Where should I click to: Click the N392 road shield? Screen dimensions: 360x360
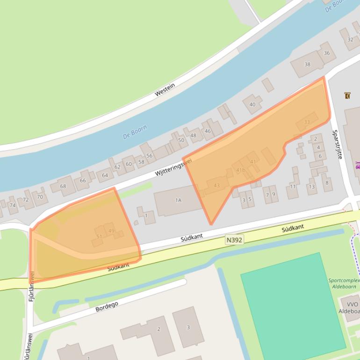point(234,239)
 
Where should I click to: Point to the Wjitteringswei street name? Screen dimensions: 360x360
point(173,167)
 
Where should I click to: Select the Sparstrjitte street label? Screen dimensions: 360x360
point(337,144)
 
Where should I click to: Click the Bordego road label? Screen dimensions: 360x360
point(107,307)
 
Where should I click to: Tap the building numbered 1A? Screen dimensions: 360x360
point(178,200)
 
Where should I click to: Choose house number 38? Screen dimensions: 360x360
point(307,65)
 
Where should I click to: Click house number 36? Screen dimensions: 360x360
point(326,53)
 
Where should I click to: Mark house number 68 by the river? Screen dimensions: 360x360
point(63,186)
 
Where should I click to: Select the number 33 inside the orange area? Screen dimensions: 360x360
point(307,122)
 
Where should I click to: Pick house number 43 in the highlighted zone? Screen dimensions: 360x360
point(216,186)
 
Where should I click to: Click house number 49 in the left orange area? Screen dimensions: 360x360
point(111,231)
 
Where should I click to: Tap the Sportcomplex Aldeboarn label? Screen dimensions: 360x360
point(344,283)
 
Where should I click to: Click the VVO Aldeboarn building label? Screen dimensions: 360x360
point(349,308)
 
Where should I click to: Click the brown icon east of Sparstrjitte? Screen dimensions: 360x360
point(347,95)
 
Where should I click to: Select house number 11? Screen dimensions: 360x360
point(293,187)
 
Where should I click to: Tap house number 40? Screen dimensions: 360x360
point(252,104)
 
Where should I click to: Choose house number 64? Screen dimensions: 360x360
point(105,176)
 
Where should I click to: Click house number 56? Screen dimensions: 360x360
point(149,156)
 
